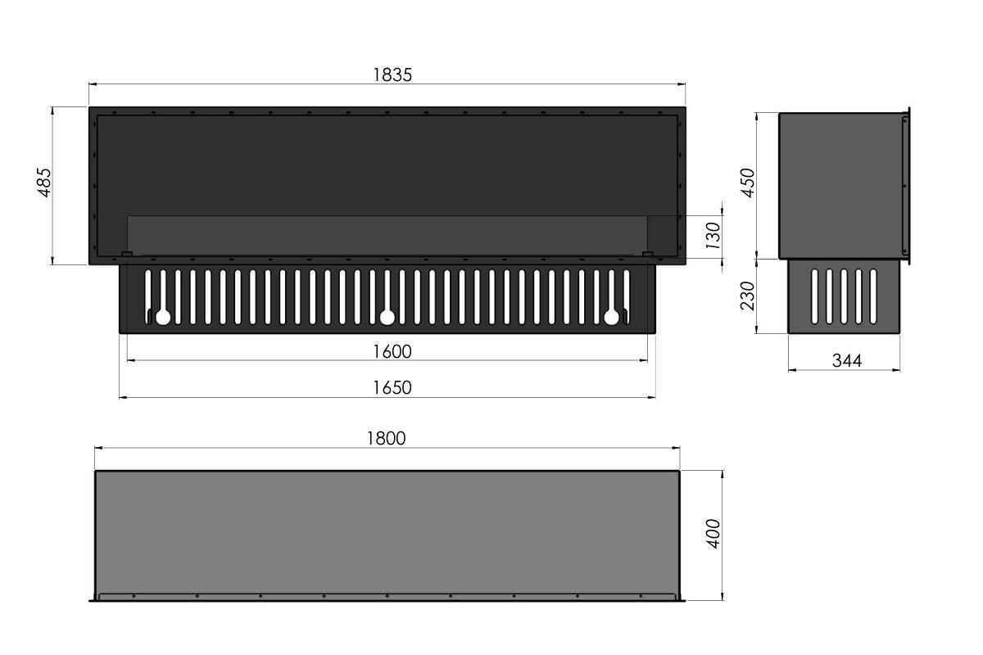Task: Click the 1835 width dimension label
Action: click(x=392, y=75)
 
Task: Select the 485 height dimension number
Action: click(x=44, y=183)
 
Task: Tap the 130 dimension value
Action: click(x=713, y=236)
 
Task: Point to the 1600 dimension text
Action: click(x=392, y=352)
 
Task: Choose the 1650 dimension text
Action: click(x=392, y=388)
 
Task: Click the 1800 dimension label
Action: click(x=386, y=438)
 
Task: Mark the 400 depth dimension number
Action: click(x=713, y=534)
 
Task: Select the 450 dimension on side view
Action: click(x=748, y=183)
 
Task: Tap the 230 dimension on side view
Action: click(x=748, y=296)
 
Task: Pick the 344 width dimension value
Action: click(x=847, y=361)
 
